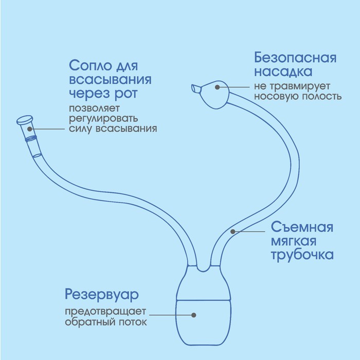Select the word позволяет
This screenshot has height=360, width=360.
coord(94,109)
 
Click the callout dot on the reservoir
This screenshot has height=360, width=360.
coord(194,315)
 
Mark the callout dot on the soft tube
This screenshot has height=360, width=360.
coord(232,231)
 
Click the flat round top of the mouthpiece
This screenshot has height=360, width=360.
coord(23,120)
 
